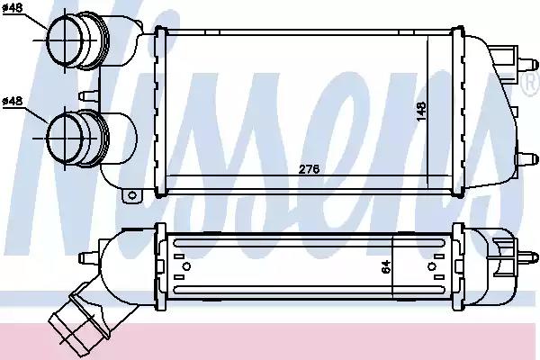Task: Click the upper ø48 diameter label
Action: point(13,7)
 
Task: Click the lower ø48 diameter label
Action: point(13,102)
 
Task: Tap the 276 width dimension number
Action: point(309,169)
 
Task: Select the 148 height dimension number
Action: point(421,112)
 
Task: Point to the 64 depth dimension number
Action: point(386,266)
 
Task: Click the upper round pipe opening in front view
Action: point(65,40)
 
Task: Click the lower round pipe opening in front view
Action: point(65,139)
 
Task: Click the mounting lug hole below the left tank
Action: point(132,195)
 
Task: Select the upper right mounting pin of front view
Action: point(527,65)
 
